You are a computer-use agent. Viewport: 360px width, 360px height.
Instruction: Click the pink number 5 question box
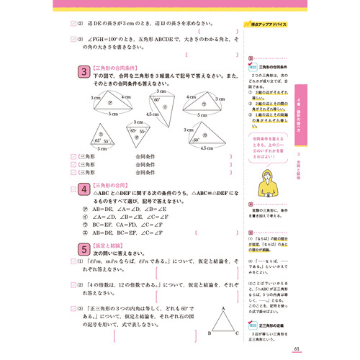pyautogui.click(x=82, y=248)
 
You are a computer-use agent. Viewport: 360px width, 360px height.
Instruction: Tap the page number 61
pyautogui.click(x=298, y=351)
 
